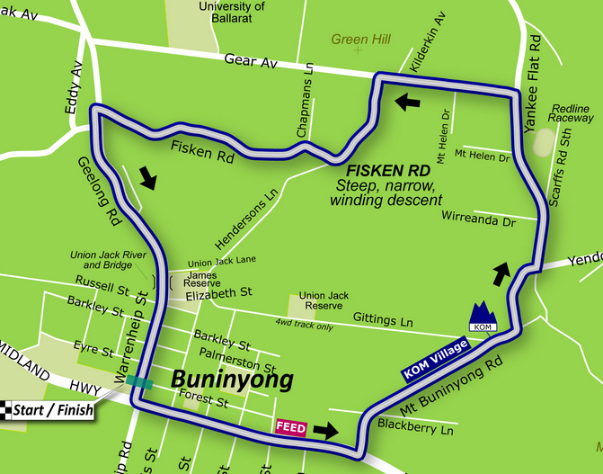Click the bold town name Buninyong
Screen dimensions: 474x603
click(232, 380)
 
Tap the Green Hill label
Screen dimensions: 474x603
click(361, 40)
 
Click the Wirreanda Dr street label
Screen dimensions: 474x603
click(478, 217)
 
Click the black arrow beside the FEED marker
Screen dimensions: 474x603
click(326, 430)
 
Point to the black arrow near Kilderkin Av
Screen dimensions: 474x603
click(407, 102)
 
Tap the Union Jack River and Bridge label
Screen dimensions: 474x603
click(108, 260)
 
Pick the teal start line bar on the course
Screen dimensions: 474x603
click(139, 382)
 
